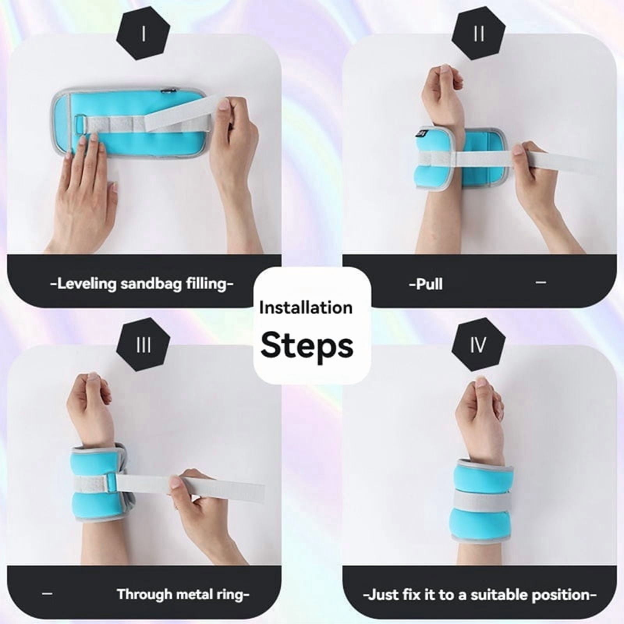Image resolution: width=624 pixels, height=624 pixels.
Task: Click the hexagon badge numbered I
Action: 144,34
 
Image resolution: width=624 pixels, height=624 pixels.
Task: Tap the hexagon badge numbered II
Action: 479,34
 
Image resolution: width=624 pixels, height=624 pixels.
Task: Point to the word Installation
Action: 306,308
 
